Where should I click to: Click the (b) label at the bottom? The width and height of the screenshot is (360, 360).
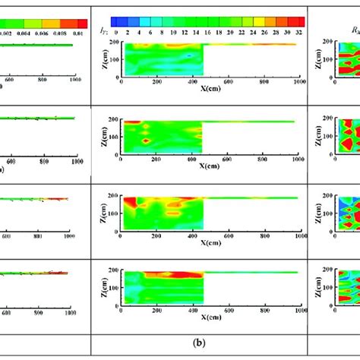(x=198, y=343)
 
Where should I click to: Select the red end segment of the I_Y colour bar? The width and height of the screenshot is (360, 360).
(x=298, y=21)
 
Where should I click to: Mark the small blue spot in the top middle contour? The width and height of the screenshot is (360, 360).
(x=190, y=55)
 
